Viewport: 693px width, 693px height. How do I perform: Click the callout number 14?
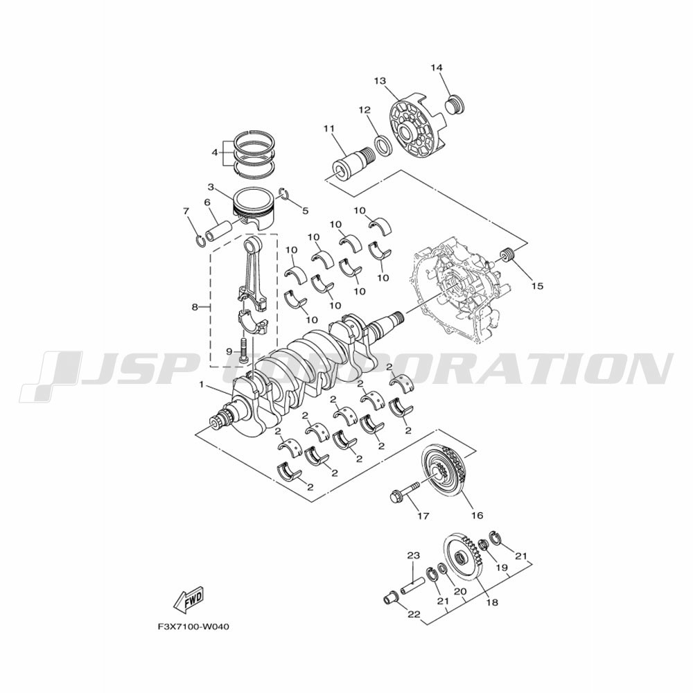click(436, 68)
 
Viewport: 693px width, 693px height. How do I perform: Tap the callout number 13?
click(380, 81)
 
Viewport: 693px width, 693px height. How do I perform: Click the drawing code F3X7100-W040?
click(193, 626)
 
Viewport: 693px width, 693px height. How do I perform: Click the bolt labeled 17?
click(405, 493)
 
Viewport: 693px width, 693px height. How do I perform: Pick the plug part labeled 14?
click(455, 105)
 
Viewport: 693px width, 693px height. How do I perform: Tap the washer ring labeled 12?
click(383, 146)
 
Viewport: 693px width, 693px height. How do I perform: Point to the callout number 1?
click(202, 385)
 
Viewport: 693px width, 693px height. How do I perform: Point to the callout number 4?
click(215, 152)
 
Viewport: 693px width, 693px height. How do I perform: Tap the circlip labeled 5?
click(283, 193)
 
